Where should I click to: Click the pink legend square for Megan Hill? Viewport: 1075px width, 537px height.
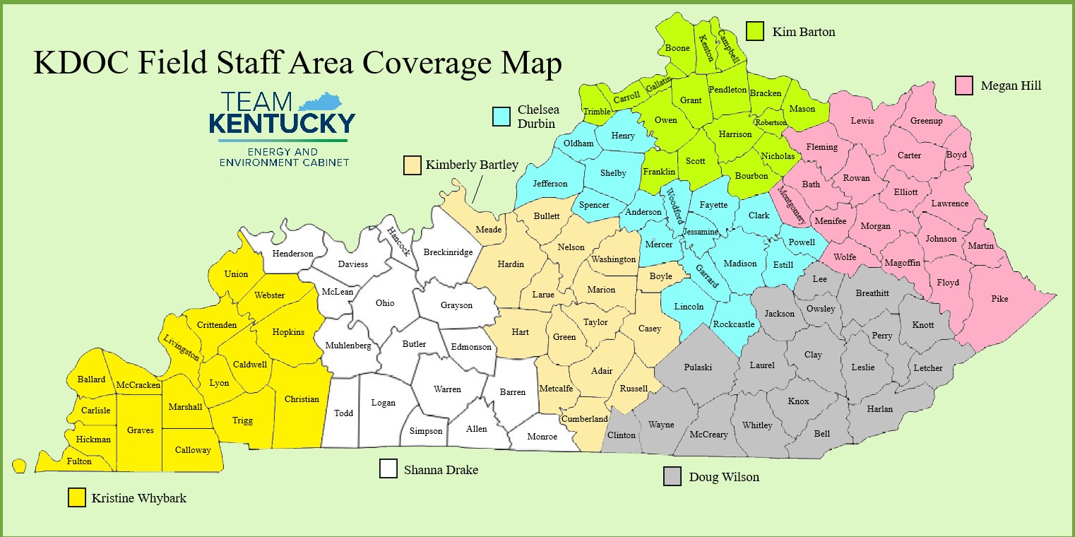(965, 85)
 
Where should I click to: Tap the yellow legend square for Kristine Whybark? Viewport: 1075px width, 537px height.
(77, 497)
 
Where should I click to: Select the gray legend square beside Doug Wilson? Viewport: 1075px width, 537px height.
(672, 476)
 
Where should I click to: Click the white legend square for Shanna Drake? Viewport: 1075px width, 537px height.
(388, 468)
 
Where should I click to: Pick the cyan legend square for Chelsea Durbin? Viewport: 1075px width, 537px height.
(502, 117)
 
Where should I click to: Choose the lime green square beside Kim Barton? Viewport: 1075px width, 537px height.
(756, 31)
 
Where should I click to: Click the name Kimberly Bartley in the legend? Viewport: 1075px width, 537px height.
(472, 165)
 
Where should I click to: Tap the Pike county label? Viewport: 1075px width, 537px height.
(999, 299)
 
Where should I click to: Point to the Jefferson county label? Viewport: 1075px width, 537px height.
(550, 184)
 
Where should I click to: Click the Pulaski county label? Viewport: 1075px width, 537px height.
(698, 367)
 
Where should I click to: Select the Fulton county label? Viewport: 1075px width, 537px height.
(79, 461)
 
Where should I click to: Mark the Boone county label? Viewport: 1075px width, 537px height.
(677, 49)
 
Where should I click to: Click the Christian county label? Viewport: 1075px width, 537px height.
(302, 399)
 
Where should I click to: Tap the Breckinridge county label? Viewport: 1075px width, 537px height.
(448, 252)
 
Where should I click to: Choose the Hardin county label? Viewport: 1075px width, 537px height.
(511, 264)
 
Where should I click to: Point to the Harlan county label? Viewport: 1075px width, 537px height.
(879, 409)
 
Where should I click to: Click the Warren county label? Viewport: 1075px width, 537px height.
(447, 389)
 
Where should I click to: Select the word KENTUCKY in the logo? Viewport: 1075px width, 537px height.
(282, 124)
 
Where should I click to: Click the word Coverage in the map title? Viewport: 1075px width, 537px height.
(415, 64)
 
